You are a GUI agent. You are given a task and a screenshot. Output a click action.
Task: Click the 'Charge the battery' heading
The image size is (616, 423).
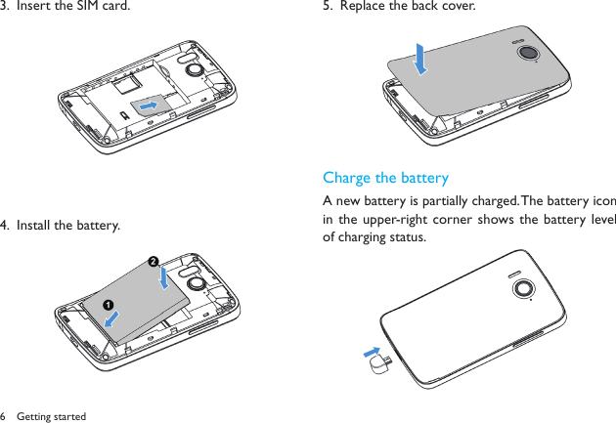[385, 178]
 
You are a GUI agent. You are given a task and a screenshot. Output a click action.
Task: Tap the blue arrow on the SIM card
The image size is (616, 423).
[150, 103]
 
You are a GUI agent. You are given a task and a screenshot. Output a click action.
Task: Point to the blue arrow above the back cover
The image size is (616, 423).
[420, 58]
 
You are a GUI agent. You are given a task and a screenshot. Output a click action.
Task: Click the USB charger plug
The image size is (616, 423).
[382, 364]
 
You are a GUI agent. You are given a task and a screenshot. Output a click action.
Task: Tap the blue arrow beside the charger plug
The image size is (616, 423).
[371, 350]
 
